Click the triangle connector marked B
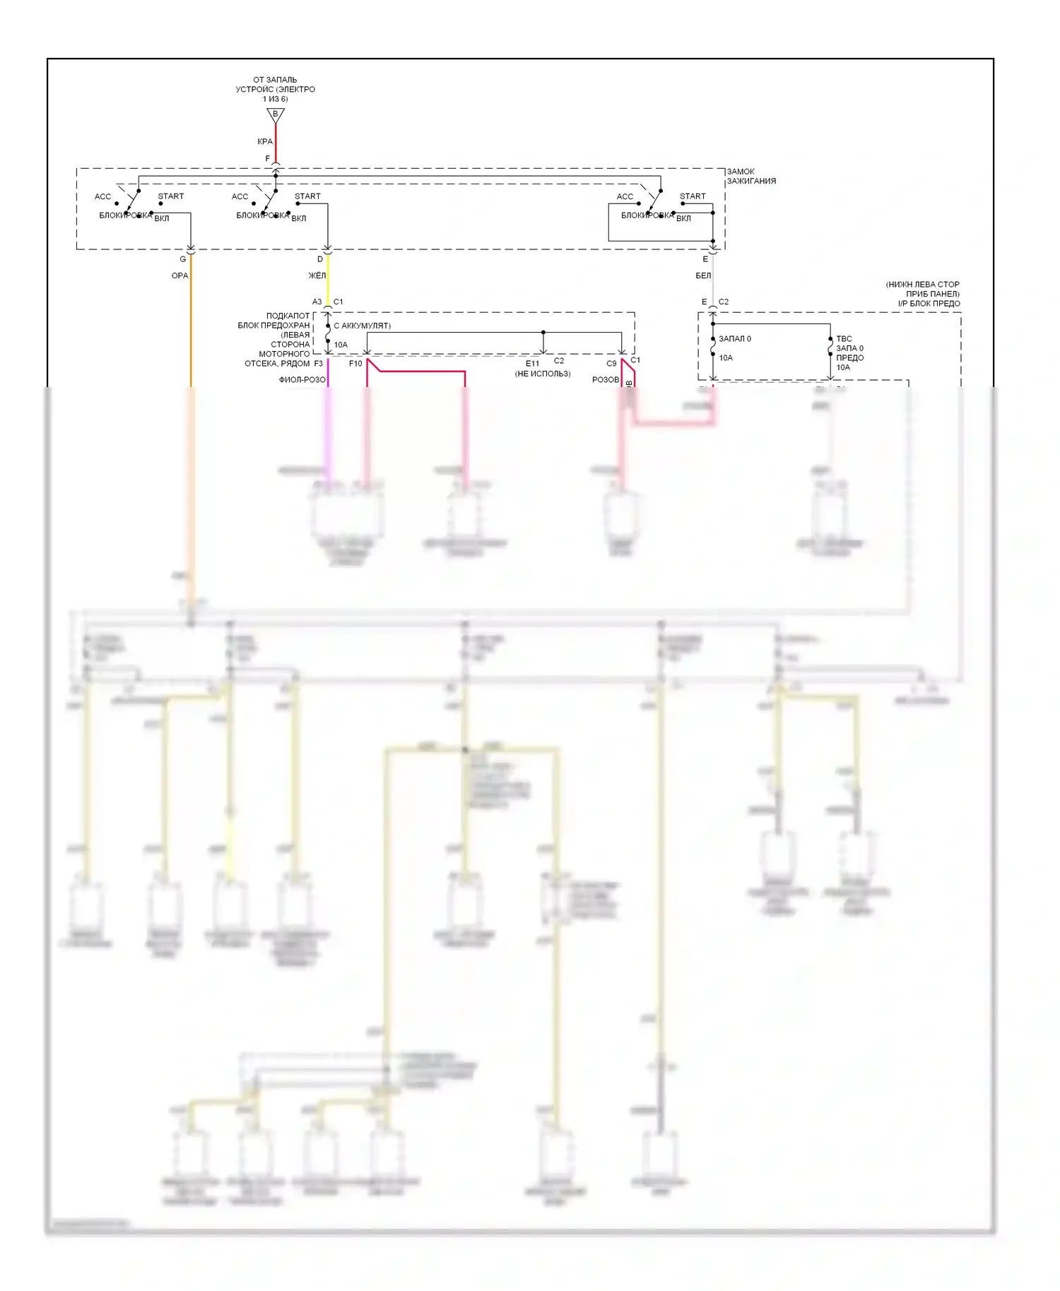(x=276, y=114)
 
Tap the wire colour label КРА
(x=265, y=141)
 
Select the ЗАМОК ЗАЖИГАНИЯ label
(x=751, y=176)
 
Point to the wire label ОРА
(x=180, y=275)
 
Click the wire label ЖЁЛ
(x=317, y=275)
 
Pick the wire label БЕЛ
(x=703, y=275)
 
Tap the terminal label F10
(x=355, y=364)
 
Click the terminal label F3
(x=319, y=364)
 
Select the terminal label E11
(x=532, y=364)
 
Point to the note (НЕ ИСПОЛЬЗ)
(x=543, y=374)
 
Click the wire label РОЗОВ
(x=606, y=380)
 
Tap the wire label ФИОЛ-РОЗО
(x=302, y=380)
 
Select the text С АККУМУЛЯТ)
(x=362, y=326)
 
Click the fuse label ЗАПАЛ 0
(x=735, y=339)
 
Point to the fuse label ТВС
(x=844, y=339)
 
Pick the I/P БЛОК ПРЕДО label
(x=929, y=304)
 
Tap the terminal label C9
(x=611, y=364)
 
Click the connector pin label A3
(x=317, y=302)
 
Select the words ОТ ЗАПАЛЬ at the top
(x=275, y=80)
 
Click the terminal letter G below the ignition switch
(x=183, y=259)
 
